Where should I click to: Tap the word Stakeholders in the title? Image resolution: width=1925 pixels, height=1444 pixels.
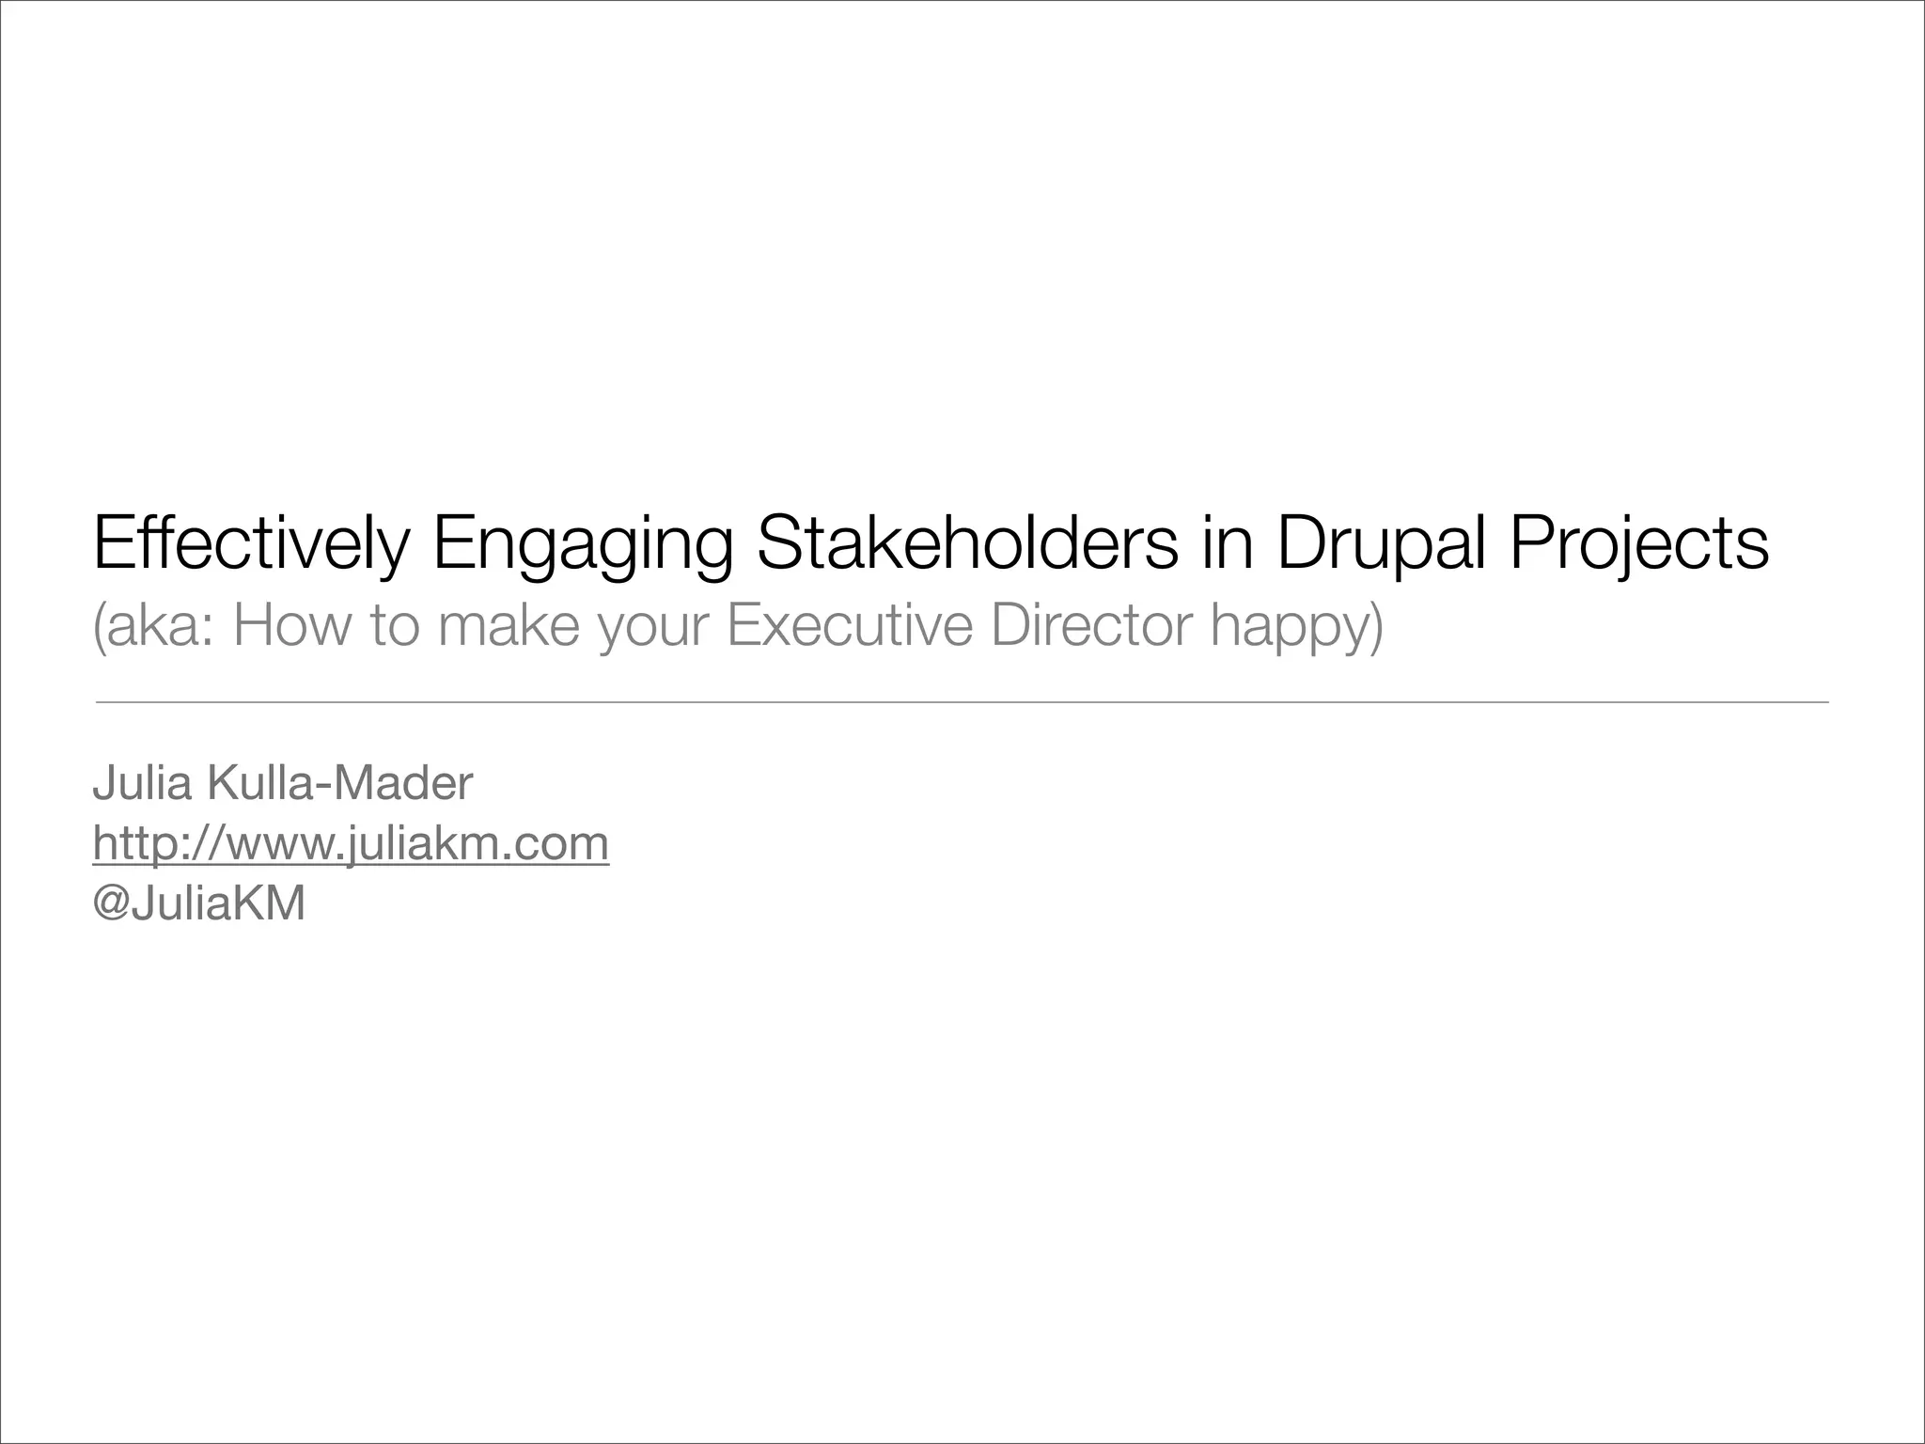[967, 543]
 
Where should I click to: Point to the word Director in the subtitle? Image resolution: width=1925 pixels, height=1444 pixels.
[1091, 626]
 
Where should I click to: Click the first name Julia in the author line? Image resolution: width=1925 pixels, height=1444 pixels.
[142, 783]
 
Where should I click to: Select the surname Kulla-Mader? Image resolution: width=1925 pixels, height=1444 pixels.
[339, 783]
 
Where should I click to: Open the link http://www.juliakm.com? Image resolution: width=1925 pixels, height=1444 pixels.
[351, 843]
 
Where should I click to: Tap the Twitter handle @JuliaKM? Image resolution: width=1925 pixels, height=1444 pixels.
[199, 903]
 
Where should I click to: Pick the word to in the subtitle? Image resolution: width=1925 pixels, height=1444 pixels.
[394, 626]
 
